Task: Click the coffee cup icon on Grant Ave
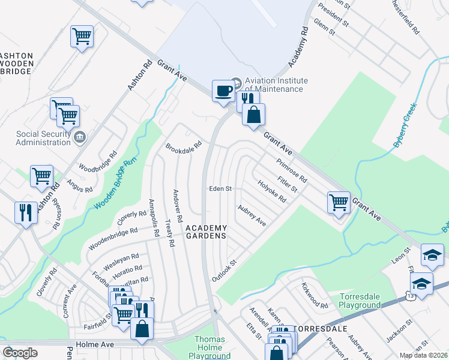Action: click(224, 91)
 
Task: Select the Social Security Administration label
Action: click(43, 138)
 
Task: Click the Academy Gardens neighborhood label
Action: click(206, 232)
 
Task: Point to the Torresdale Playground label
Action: click(360, 301)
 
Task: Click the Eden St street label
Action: click(220, 188)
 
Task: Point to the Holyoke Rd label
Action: click(271, 191)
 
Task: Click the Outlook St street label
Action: click(225, 271)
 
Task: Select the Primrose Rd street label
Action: click(292, 170)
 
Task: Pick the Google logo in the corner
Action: click(20, 353)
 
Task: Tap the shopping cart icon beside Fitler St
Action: click(339, 202)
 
